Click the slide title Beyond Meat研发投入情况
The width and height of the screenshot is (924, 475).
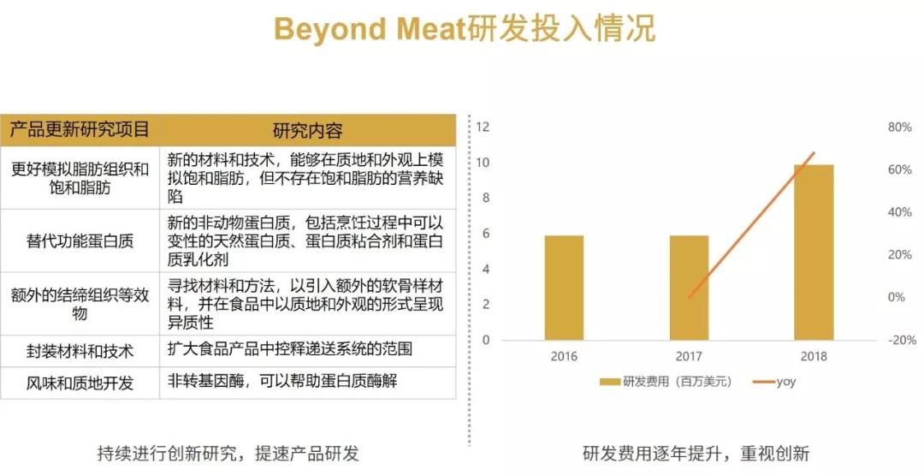click(465, 28)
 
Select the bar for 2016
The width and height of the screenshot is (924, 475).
click(564, 288)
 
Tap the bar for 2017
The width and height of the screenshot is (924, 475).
click(689, 288)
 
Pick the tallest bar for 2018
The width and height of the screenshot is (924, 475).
click(814, 252)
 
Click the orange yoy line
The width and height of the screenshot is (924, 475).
click(751, 225)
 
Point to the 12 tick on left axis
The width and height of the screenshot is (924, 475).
click(483, 128)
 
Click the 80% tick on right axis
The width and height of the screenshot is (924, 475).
click(899, 128)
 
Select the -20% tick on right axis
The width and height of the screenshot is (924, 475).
click(902, 340)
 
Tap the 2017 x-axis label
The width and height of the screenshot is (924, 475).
click(689, 357)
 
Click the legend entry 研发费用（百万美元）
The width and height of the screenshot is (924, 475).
click(666, 382)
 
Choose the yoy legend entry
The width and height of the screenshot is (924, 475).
click(774, 382)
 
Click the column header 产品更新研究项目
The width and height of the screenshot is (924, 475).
click(80, 129)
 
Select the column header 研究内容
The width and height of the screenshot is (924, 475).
click(308, 130)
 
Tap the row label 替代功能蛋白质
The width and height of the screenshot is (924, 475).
click(80, 241)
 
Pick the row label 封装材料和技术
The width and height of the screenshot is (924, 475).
click(80, 352)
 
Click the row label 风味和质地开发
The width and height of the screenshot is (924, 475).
click(80, 383)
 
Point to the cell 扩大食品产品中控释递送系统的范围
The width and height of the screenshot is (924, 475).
click(290, 349)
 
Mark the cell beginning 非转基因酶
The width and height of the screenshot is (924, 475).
click(282, 381)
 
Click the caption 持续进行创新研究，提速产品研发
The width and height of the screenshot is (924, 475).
click(228, 454)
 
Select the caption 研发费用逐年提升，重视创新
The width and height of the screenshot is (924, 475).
click(696, 454)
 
